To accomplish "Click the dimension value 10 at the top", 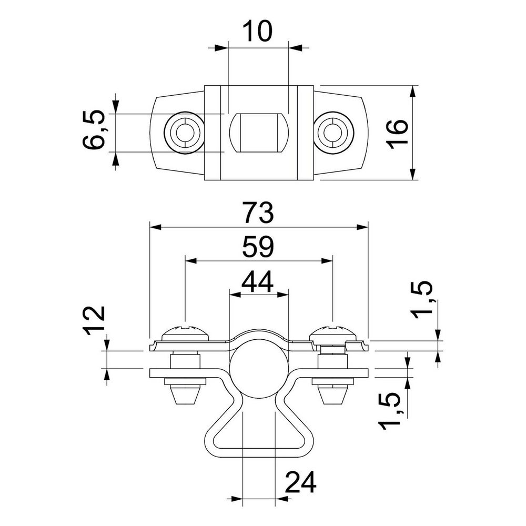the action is [x=257, y=31].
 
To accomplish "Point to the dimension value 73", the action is [x=259, y=213].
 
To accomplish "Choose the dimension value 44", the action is [x=258, y=281].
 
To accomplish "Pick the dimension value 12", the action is [x=94, y=321].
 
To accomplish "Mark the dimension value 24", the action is [x=300, y=482].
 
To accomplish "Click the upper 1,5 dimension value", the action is [x=422, y=300].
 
